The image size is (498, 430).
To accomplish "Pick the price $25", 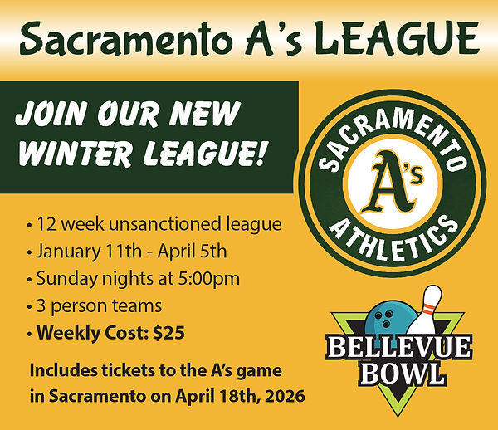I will [168, 334].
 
